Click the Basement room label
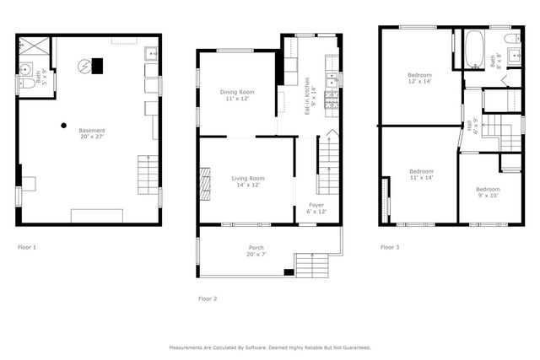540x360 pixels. tap(92, 133)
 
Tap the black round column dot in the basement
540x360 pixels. tap(63, 126)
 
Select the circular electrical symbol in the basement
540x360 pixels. tap(83, 65)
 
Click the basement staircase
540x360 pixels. tap(148, 175)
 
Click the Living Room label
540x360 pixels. tap(248, 181)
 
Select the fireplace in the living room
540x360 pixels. tap(203, 181)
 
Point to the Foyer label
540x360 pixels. tap(316, 207)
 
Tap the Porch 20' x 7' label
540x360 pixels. tap(256, 250)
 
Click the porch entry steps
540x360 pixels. tap(312, 268)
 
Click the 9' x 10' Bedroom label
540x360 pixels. tap(487, 192)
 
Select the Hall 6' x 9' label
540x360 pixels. tap(472, 126)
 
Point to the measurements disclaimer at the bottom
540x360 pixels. tap(269, 347)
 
